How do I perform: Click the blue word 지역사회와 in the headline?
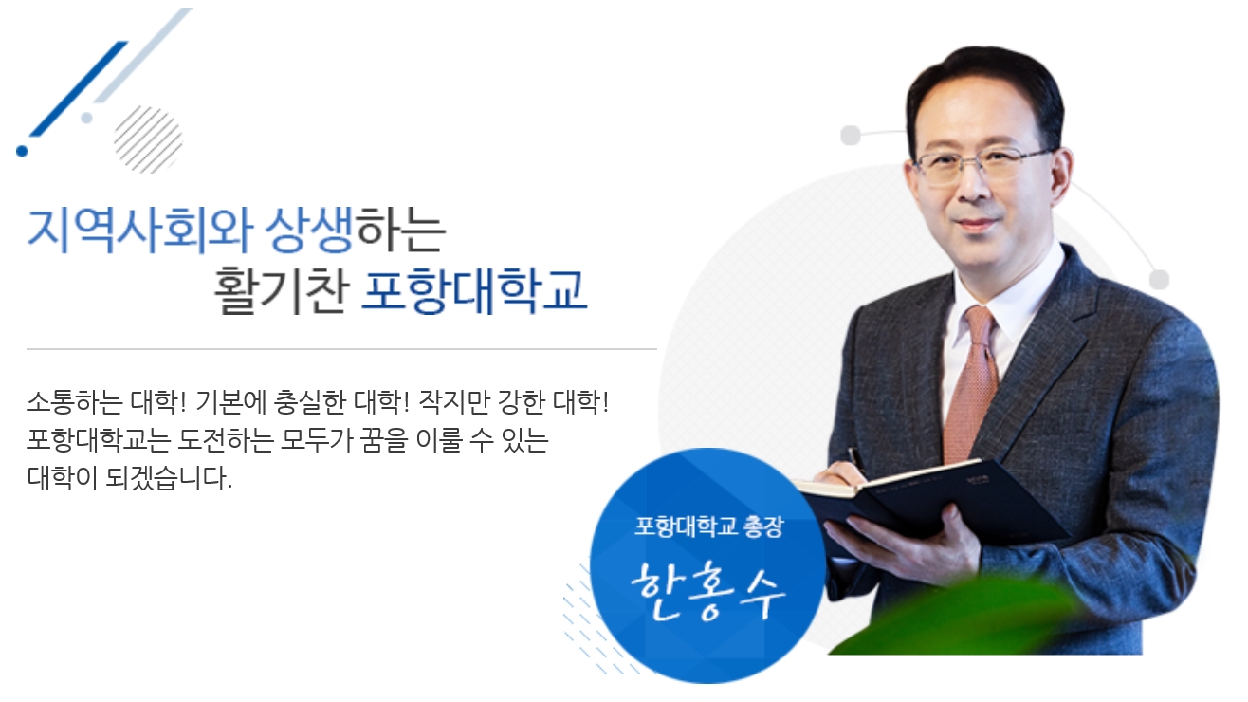[x=139, y=230]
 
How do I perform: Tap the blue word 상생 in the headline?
[x=309, y=230]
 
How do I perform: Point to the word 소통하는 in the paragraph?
[x=75, y=401]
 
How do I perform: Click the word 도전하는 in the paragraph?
[x=226, y=440]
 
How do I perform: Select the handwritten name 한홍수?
[x=708, y=591]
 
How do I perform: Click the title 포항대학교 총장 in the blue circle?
[x=709, y=526]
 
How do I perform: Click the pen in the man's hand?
[x=856, y=460]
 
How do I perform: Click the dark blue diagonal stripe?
[x=79, y=88]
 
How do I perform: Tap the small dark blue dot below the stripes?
[x=22, y=151]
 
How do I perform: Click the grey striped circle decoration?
[x=148, y=139]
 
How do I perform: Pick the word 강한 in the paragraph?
[x=521, y=401]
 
